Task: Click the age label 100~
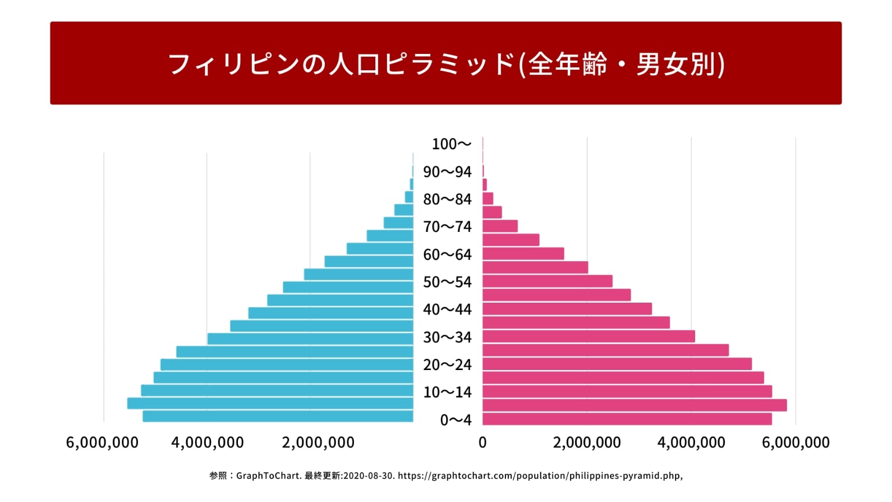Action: tap(451, 144)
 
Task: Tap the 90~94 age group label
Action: tap(447, 172)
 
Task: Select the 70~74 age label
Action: tap(447, 227)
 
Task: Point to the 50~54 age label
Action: tap(447, 282)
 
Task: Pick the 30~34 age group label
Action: tap(447, 337)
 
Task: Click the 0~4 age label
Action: tap(456, 420)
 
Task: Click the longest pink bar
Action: tap(634, 405)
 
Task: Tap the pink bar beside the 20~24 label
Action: tap(617, 364)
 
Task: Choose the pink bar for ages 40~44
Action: tap(567, 309)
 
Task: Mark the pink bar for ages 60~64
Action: tap(523, 254)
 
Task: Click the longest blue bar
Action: tap(270, 403)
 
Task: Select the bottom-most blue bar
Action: tap(278, 417)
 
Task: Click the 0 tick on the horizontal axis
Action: tap(482, 442)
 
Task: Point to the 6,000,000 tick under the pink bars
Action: tap(795, 442)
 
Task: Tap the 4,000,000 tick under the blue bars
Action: tap(208, 442)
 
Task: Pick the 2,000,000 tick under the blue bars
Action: tap(318, 442)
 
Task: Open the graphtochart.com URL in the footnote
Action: tap(539, 476)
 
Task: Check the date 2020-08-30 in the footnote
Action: tap(369, 476)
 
